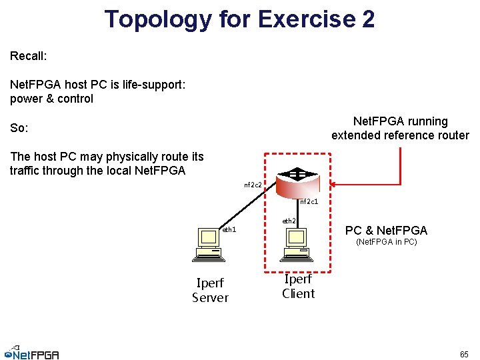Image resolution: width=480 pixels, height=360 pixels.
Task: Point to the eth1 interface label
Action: click(x=229, y=230)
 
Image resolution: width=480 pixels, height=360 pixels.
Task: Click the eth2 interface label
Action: click(x=289, y=221)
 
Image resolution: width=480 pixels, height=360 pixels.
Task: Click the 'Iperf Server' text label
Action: click(x=210, y=290)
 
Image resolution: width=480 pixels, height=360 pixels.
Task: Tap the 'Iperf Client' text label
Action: click(x=298, y=286)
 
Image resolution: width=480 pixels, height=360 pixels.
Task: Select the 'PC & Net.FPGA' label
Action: click(x=386, y=231)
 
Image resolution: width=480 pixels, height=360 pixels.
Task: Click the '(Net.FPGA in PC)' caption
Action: click(x=387, y=242)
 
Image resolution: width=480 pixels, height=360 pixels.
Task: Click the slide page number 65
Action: click(x=463, y=353)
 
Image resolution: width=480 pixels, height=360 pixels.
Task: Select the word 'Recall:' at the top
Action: click(x=29, y=56)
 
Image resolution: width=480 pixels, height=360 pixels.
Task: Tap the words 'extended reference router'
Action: click(x=400, y=135)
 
